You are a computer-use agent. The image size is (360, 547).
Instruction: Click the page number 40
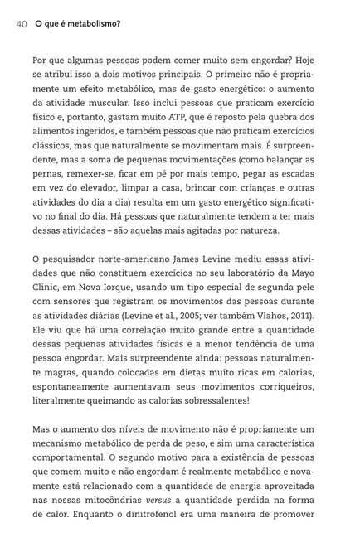tap(22, 24)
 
